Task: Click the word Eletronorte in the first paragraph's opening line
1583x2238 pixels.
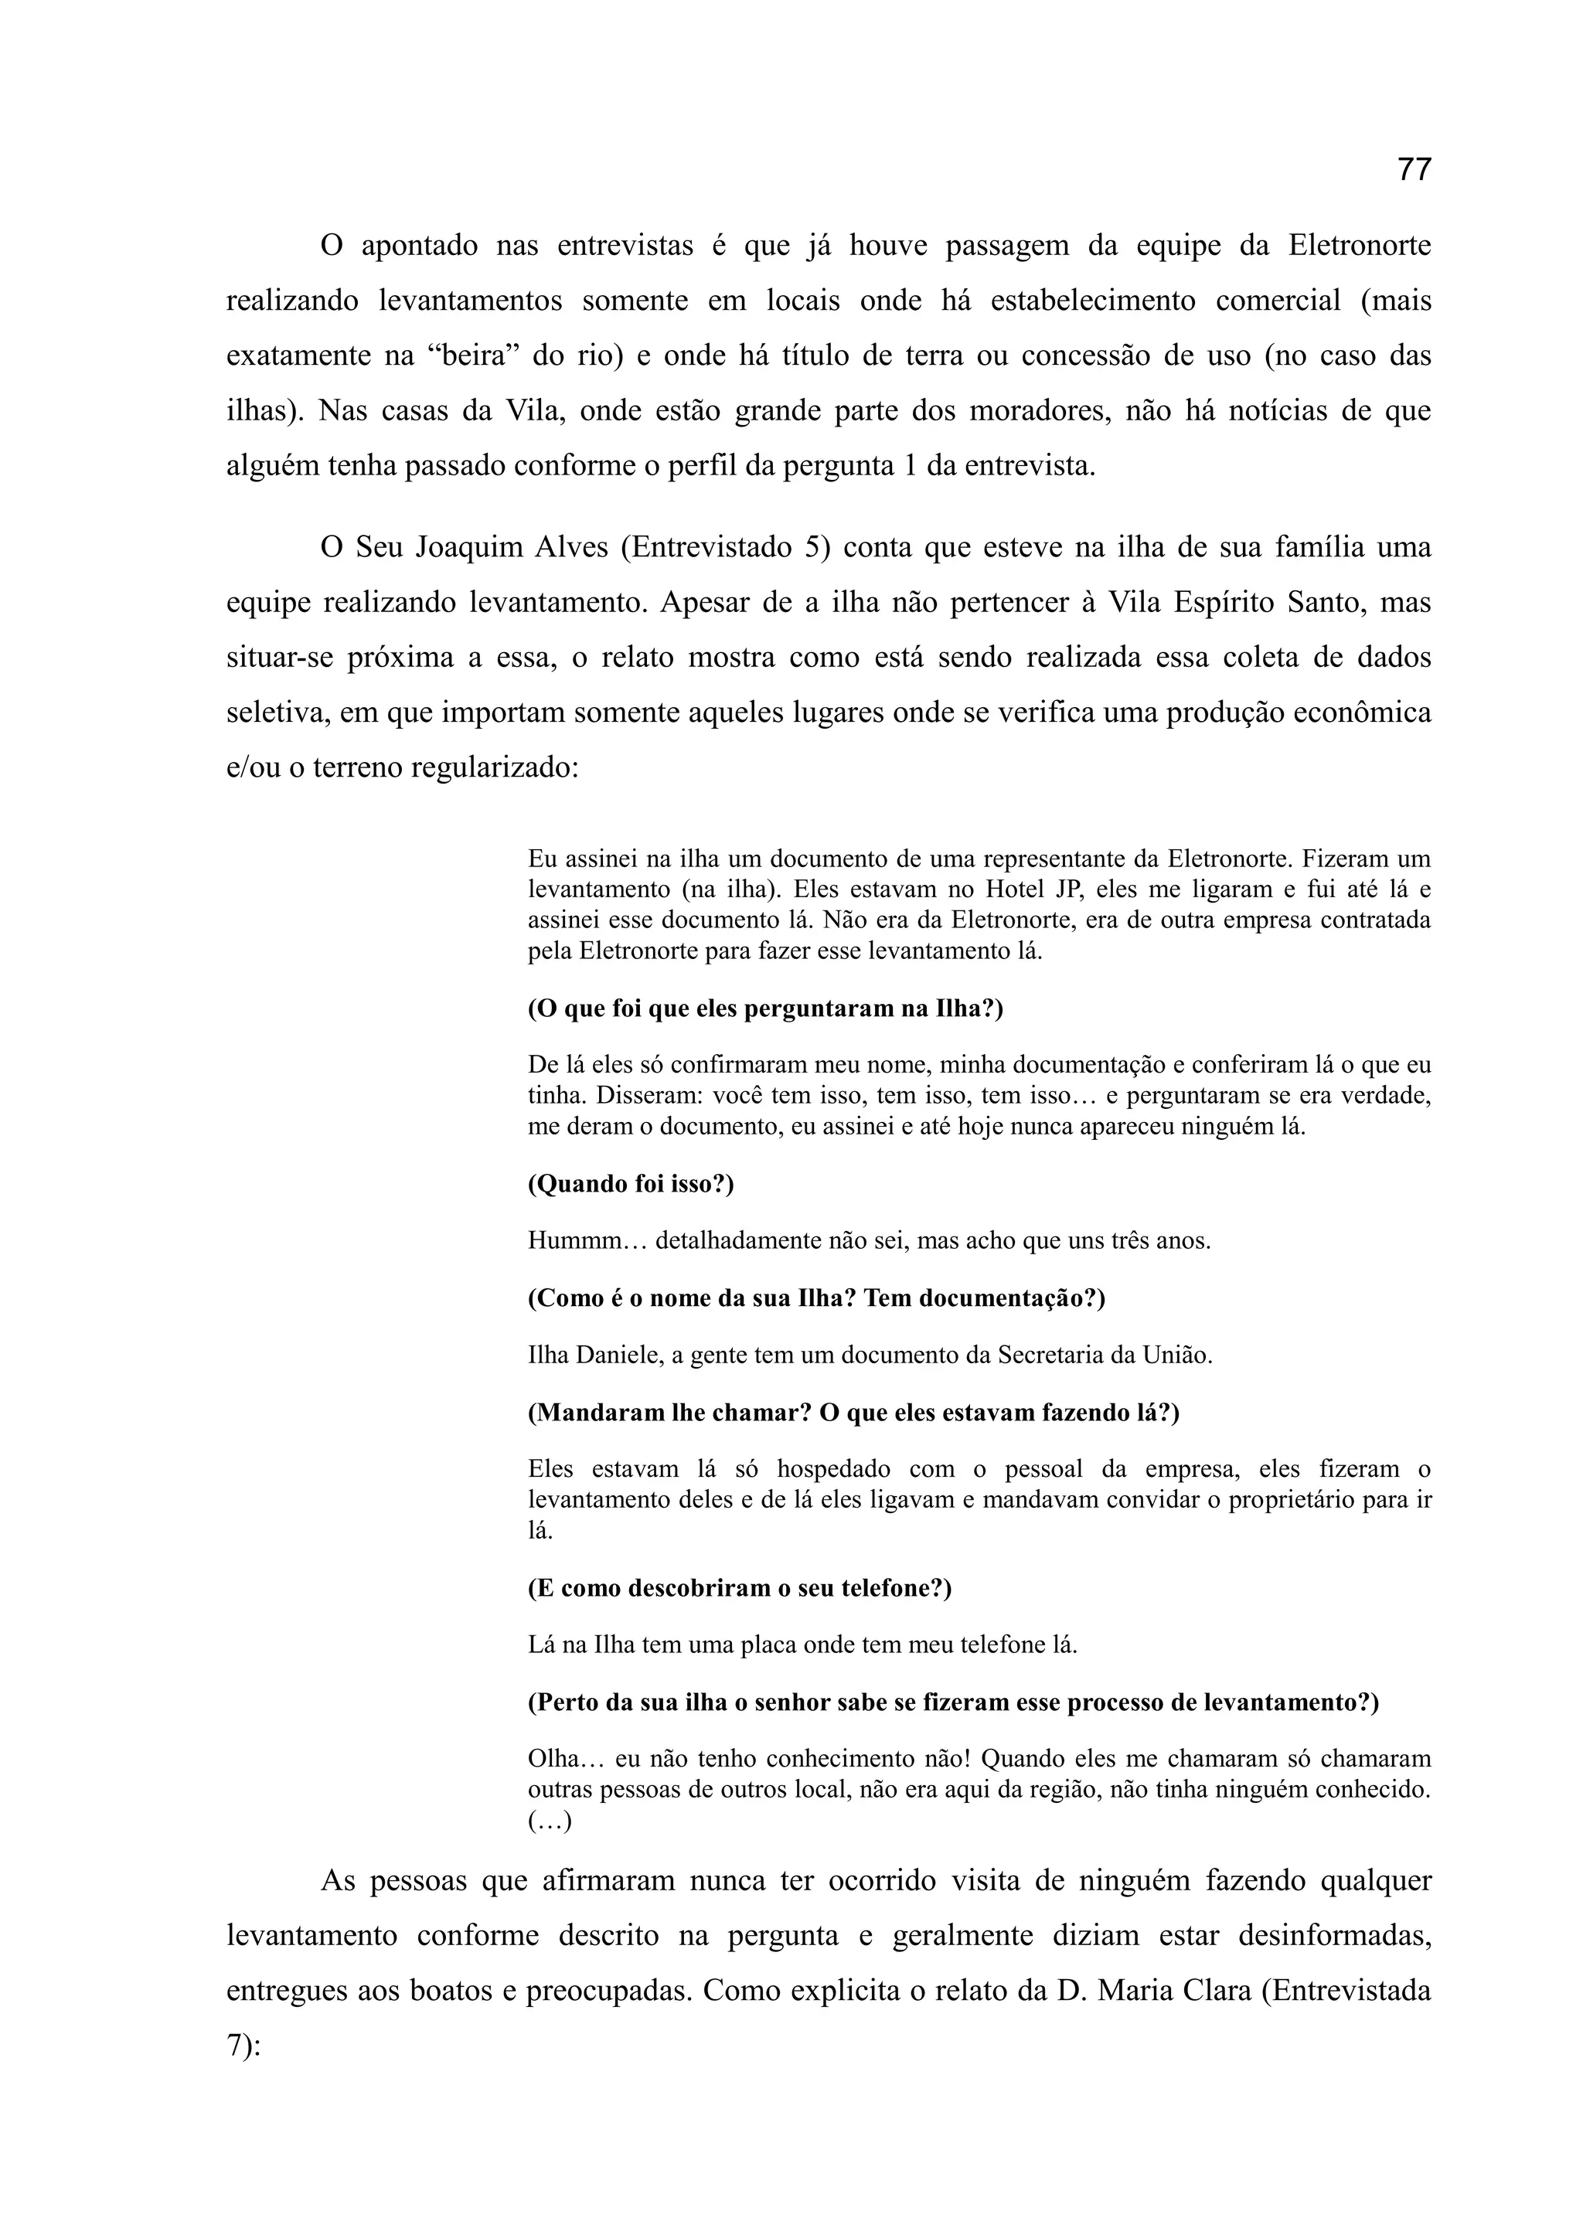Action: point(1359,246)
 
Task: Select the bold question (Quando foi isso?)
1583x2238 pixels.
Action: point(631,1185)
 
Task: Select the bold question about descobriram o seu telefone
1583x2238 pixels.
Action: point(739,1588)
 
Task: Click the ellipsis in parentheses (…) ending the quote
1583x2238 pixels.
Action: point(550,1821)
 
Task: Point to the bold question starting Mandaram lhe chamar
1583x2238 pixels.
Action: point(853,1413)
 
